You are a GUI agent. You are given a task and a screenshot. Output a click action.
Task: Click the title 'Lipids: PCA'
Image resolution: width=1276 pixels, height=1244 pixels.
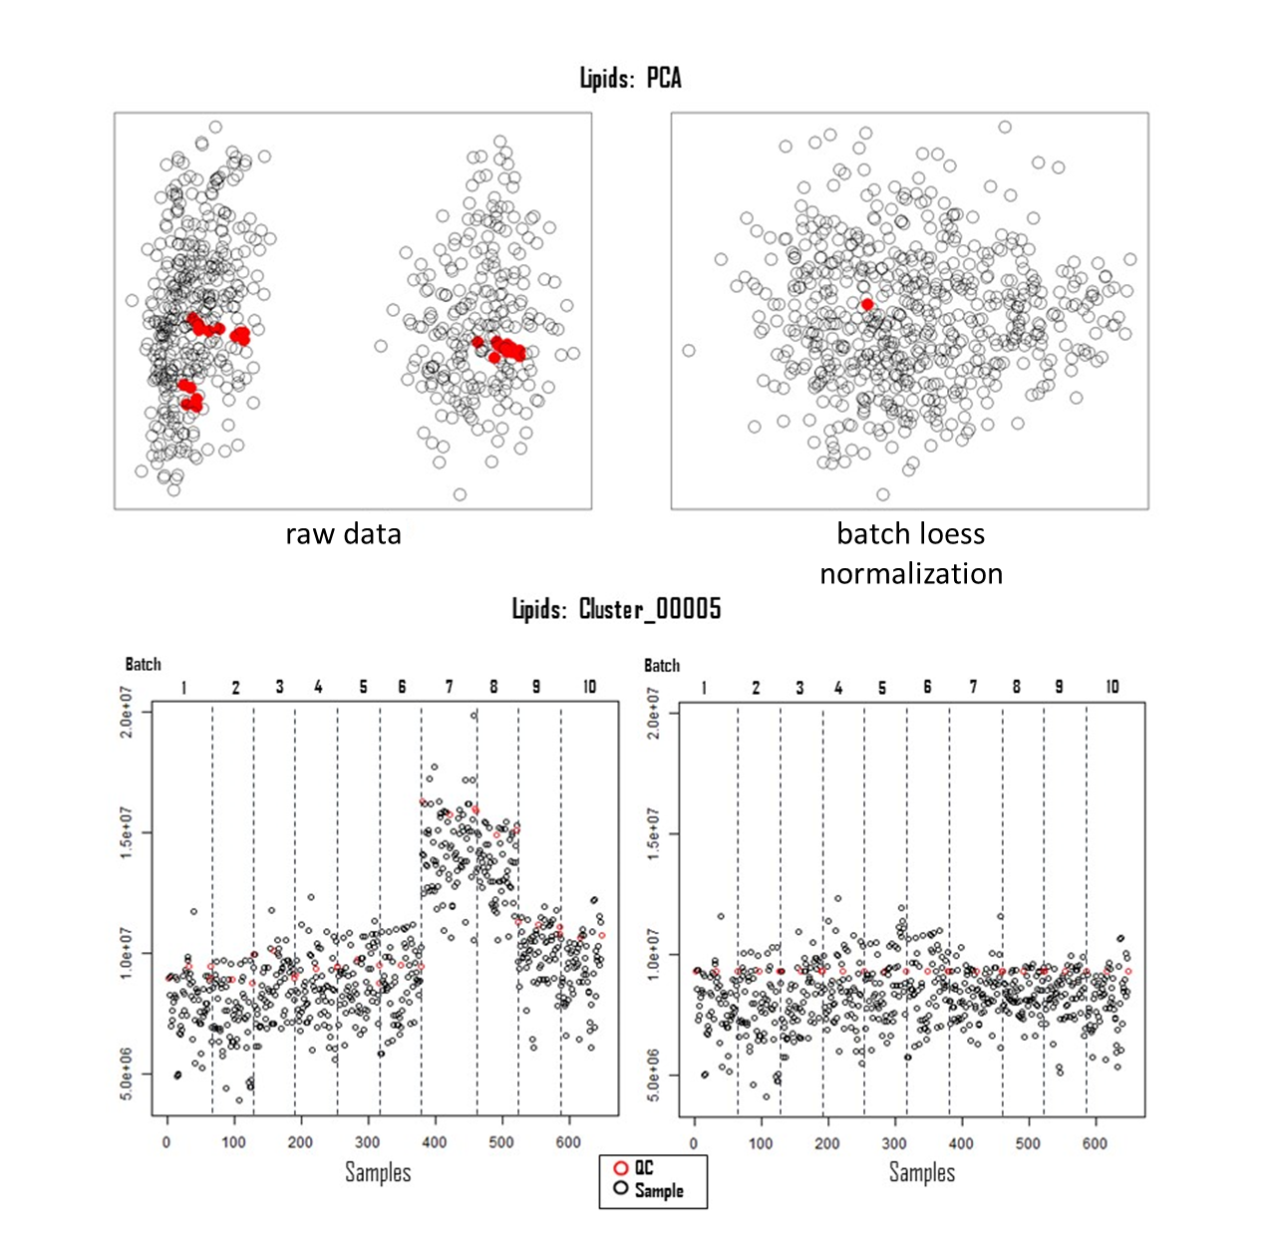(631, 78)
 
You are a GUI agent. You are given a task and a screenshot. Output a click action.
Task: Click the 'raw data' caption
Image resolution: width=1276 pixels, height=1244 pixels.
(343, 534)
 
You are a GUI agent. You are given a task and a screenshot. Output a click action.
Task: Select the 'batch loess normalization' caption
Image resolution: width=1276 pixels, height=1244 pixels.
(910, 553)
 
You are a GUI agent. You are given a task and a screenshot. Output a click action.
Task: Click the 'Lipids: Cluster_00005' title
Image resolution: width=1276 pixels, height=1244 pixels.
(616, 609)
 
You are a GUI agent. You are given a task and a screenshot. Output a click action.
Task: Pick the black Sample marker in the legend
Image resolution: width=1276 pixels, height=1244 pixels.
(621, 1189)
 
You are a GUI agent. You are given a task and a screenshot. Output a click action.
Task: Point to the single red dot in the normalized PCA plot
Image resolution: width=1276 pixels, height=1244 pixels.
(867, 304)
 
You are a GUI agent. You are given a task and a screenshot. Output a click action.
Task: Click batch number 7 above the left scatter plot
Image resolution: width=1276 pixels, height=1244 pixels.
(449, 687)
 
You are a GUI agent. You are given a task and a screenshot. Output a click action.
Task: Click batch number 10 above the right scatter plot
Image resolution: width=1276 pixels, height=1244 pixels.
(1113, 687)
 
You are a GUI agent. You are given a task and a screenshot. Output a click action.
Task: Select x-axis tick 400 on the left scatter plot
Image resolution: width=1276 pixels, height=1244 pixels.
(435, 1142)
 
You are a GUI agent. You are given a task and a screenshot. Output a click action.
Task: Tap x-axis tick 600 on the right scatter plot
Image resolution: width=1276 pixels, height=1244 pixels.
(1095, 1143)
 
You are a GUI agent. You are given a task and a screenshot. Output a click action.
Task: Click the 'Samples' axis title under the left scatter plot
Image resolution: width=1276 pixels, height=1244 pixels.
(378, 1172)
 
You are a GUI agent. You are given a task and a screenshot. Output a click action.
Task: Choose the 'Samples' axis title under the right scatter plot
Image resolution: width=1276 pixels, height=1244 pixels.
(922, 1172)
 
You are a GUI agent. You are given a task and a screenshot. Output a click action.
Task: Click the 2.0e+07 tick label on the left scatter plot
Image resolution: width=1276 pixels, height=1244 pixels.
(127, 712)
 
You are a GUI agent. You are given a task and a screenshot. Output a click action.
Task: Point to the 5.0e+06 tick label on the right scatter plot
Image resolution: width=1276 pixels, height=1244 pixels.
(653, 1075)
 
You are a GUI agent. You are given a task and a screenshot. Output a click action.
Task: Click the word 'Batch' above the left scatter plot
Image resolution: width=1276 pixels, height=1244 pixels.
(144, 664)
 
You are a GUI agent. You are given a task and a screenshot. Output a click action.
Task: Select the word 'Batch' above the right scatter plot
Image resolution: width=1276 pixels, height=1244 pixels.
(662, 665)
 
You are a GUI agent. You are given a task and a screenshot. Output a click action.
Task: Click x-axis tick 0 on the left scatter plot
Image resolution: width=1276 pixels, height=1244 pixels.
(166, 1142)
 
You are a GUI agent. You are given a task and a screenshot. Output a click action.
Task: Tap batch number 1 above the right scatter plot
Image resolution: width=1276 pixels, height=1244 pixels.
(704, 688)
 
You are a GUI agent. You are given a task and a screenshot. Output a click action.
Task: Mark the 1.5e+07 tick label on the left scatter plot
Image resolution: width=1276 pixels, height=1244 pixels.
(127, 832)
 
